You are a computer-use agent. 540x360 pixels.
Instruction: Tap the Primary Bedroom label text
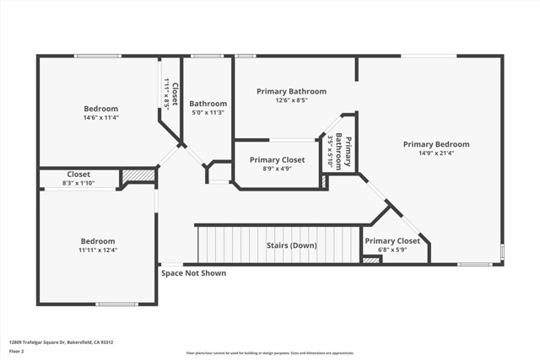click(435, 144)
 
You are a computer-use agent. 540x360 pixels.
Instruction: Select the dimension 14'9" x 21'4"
click(435, 153)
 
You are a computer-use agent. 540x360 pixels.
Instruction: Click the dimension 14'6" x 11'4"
click(100, 118)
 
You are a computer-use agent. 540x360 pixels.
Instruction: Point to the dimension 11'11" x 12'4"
click(98, 250)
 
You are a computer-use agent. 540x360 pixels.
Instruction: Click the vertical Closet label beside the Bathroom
click(171, 94)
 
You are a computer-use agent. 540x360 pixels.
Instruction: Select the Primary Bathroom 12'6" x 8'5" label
click(292, 95)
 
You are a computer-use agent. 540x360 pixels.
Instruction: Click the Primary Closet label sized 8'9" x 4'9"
click(277, 164)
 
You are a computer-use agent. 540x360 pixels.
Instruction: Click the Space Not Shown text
click(193, 273)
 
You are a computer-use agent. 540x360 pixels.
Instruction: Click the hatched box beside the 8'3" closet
click(138, 175)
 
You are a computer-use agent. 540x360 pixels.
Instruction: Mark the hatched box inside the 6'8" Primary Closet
click(371, 261)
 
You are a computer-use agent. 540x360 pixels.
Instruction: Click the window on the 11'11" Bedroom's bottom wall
click(116, 304)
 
